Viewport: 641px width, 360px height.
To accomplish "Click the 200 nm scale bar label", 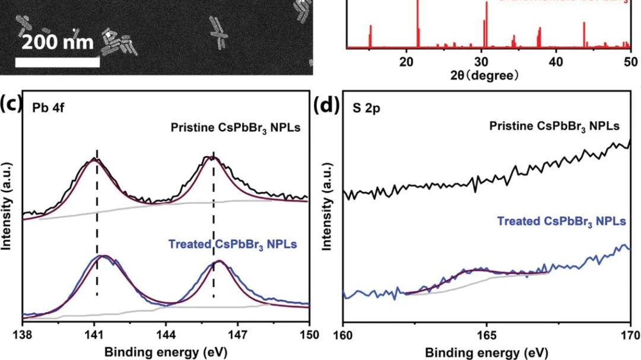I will [58, 43].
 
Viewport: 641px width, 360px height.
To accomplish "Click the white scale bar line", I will [57, 62].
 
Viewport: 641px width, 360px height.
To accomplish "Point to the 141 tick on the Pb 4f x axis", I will [95, 334].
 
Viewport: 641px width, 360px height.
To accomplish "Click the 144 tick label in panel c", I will [166, 334].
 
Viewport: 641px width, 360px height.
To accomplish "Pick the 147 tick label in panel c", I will [238, 334].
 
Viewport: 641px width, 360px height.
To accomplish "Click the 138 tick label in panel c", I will [23, 334].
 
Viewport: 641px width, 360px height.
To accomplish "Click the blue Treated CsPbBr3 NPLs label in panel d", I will [561, 221].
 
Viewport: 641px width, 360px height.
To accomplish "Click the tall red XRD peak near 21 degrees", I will [417, 24].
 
